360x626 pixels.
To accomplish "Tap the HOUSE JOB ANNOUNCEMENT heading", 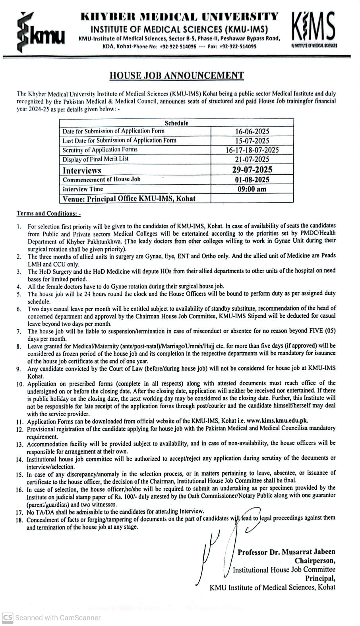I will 176,75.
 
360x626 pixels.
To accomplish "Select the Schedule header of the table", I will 176,123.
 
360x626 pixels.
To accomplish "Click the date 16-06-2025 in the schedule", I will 252,131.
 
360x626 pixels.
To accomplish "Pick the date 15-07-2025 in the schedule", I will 252,141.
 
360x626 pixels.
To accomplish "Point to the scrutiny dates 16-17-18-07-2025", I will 252,150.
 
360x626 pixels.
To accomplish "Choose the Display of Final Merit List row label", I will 95,159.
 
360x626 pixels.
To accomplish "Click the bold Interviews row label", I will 82,170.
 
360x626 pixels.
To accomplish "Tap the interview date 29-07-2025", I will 252,170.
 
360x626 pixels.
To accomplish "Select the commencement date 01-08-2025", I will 252,180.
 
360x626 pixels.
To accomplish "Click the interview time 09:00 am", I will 252,189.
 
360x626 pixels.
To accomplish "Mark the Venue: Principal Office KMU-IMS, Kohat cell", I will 129,199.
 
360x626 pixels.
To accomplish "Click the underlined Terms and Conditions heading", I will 48,213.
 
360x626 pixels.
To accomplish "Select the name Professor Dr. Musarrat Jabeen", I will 286,552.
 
